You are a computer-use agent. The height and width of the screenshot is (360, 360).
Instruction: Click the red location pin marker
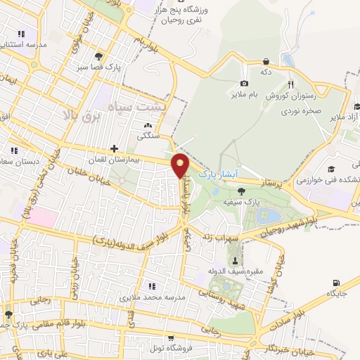181,165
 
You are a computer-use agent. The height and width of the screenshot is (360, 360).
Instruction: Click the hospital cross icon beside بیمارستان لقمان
114,148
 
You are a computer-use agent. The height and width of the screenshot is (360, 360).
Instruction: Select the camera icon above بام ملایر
244,84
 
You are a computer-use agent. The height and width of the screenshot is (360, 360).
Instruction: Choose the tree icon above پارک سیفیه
240,190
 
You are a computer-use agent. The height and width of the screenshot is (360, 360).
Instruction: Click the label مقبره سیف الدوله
234,271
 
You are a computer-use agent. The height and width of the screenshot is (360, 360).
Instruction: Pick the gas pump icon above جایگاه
333,283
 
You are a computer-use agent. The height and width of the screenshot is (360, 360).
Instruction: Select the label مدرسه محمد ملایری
152,298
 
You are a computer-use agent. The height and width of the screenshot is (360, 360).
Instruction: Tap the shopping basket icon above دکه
266,62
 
